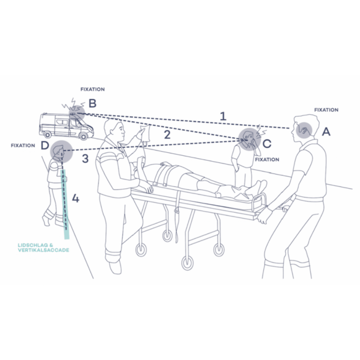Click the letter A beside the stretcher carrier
tap(326, 132)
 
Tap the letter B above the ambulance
tap(92, 103)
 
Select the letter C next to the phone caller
tap(267, 144)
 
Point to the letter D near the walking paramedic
tap(45, 145)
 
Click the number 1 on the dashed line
tap(223, 116)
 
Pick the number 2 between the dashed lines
tap(167, 135)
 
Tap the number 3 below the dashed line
tap(85, 158)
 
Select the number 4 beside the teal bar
tap(76, 198)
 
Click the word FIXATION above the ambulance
tap(92, 90)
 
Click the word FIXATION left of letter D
tap(23, 146)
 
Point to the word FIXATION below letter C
tap(267, 159)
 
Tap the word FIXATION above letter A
tap(326, 110)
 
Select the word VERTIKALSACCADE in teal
tap(44, 250)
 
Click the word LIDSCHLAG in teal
tap(33, 245)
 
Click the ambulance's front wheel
tap(83, 136)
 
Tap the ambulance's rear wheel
tap(47, 135)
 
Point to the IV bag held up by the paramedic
tap(145, 134)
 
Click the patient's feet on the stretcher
tap(259, 187)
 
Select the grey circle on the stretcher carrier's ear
tap(304, 130)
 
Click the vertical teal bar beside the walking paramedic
tap(65, 204)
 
